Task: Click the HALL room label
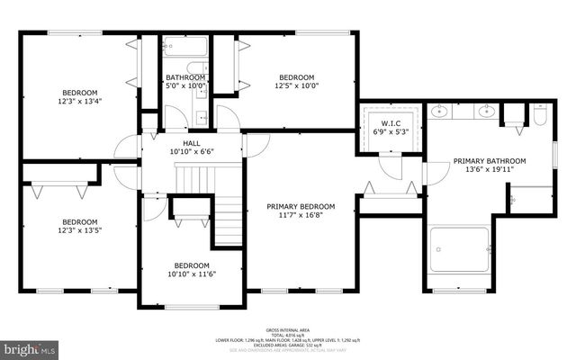[192, 143]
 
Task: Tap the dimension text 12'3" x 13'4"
[80, 103]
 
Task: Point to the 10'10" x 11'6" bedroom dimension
[192, 274]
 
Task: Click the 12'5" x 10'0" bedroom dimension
[296, 86]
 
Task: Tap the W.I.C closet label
[390, 124]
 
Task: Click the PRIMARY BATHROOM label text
[489, 161]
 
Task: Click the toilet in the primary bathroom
[540, 115]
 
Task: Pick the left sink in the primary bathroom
[441, 112]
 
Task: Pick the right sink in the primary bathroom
[486, 112]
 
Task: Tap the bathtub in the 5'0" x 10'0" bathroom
[184, 47]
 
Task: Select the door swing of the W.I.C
[389, 163]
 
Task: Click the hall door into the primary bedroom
[256, 145]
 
